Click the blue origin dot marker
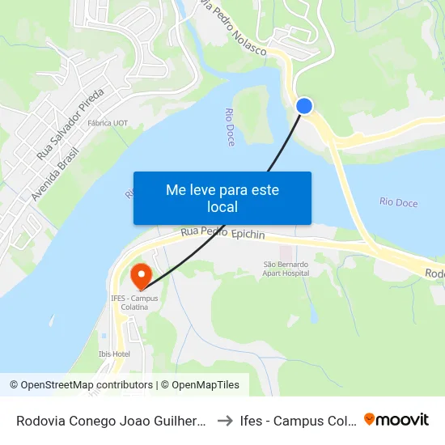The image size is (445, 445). point(304,106)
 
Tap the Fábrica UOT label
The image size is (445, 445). point(109,124)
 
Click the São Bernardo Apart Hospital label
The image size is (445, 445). point(286,269)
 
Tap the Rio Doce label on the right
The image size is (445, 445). point(398,202)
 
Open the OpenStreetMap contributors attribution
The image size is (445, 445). point(81,385)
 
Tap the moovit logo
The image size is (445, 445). point(396,419)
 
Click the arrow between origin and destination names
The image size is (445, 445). point(226,420)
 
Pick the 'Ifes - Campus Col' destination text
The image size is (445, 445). point(297,420)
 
